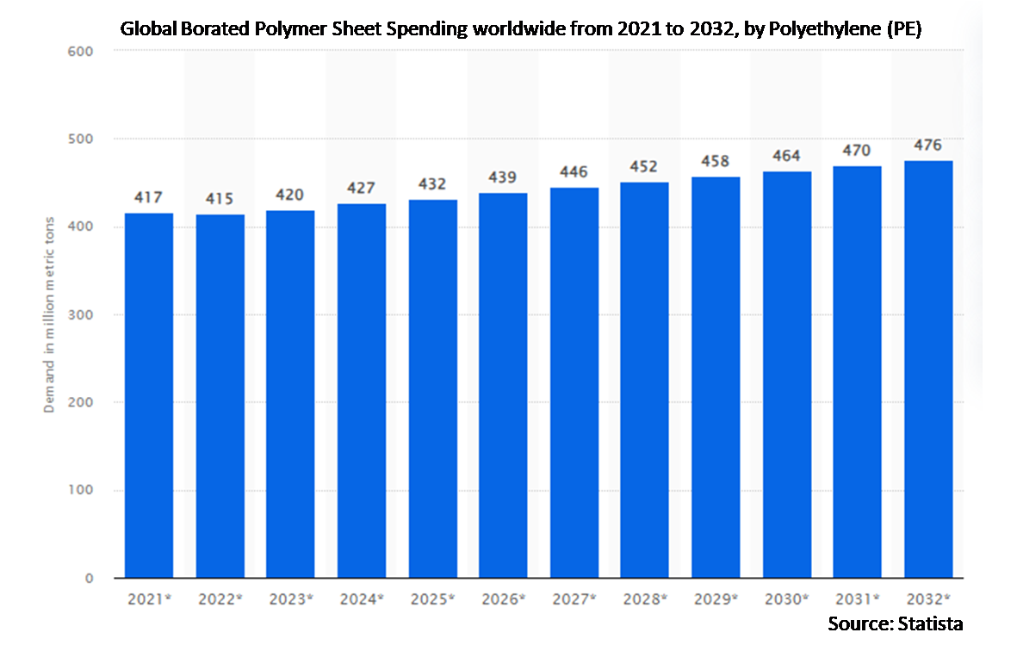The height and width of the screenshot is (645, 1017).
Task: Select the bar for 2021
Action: coord(149,395)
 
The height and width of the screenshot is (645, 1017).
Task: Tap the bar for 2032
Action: coord(928,369)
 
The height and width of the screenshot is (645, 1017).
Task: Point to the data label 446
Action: coord(574,171)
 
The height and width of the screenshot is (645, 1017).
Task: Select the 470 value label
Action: coord(857,150)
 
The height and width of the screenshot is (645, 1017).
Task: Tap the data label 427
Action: coord(361,188)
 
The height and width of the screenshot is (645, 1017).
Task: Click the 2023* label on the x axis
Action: coord(289,598)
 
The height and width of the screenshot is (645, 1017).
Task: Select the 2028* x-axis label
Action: coord(645,598)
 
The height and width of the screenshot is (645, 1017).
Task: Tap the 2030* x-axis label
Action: coord(787,598)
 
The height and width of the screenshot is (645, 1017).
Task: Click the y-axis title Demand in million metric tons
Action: coord(50,314)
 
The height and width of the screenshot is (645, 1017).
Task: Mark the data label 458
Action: coord(716,161)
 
